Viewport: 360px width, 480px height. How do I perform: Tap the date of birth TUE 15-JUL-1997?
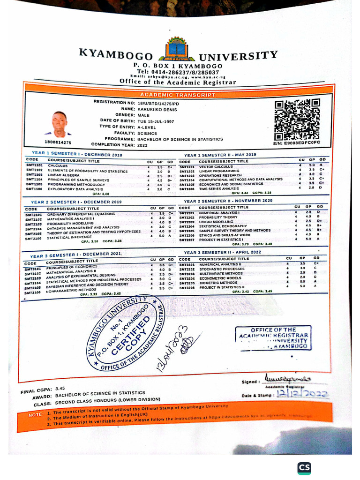(x=154, y=120)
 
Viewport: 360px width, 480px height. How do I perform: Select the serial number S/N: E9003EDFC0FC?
(x=296, y=142)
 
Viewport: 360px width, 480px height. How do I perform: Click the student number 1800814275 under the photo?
(x=58, y=142)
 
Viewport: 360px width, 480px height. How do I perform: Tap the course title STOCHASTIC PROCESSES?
(x=222, y=269)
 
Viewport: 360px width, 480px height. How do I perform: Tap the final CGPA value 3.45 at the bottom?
(x=60, y=389)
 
